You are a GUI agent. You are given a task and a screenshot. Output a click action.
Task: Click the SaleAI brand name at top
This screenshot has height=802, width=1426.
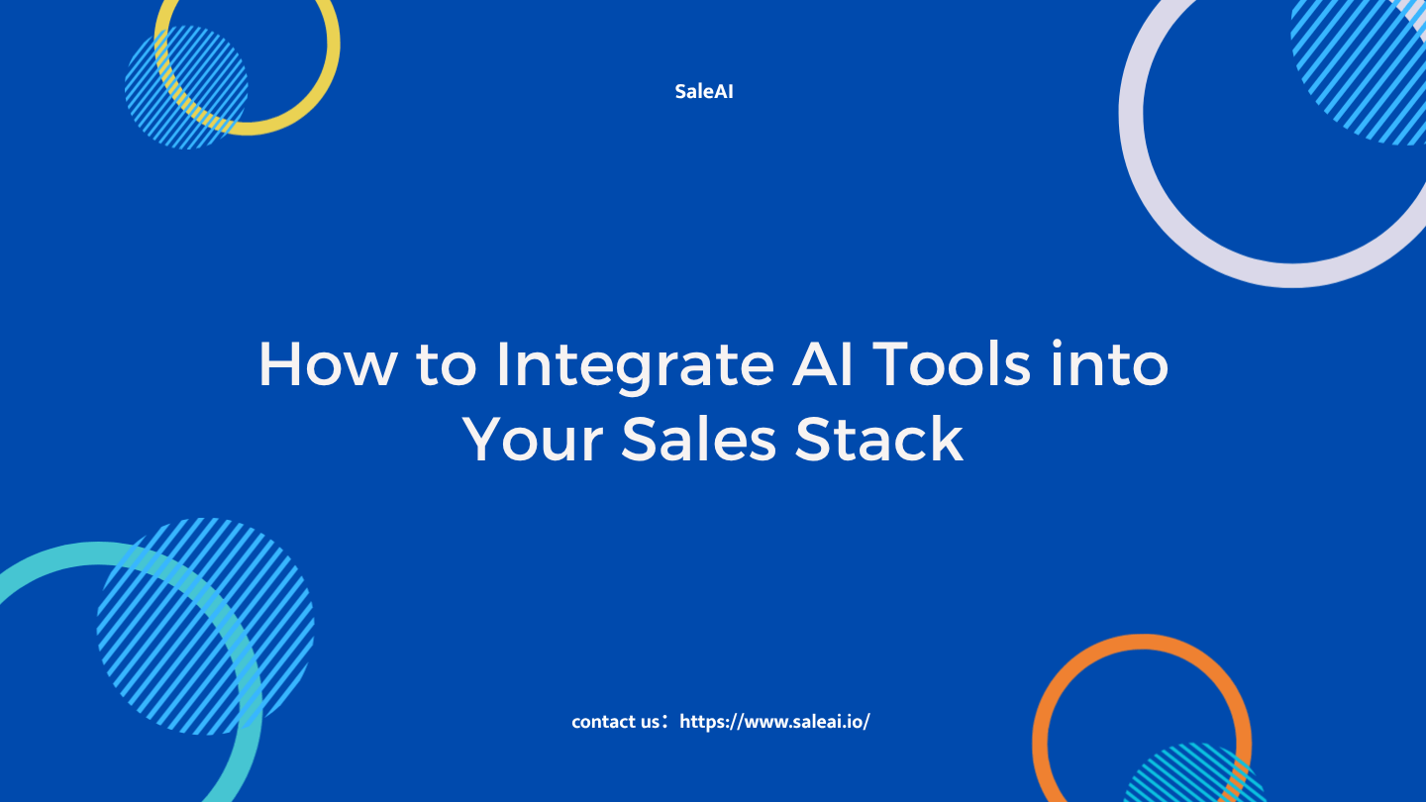click(704, 92)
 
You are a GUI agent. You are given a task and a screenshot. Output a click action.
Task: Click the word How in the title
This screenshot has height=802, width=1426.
click(328, 364)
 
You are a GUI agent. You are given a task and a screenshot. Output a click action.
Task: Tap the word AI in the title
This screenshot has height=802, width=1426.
click(822, 363)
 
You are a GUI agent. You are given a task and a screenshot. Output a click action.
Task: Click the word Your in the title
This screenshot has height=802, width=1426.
click(533, 440)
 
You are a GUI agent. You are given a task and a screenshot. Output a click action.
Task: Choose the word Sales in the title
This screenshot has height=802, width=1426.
click(698, 439)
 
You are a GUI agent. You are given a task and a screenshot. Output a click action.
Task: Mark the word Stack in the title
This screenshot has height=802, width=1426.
click(879, 439)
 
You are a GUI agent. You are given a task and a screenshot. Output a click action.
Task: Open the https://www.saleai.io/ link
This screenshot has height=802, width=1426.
click(774, 722)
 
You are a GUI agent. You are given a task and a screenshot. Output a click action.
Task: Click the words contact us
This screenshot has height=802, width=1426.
click(615, 722)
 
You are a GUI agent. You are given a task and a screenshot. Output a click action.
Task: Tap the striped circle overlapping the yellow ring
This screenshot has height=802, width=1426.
click(186, 87)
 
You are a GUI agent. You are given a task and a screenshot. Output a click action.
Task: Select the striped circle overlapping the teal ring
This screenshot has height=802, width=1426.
click(206, 627)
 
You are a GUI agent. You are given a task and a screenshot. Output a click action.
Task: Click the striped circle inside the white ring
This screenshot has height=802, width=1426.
click(1359, 71)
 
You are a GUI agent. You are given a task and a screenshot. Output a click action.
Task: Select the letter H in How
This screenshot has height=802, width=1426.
click(279, 363)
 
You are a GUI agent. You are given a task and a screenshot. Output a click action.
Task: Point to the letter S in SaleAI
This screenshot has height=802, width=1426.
click(681, 92)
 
